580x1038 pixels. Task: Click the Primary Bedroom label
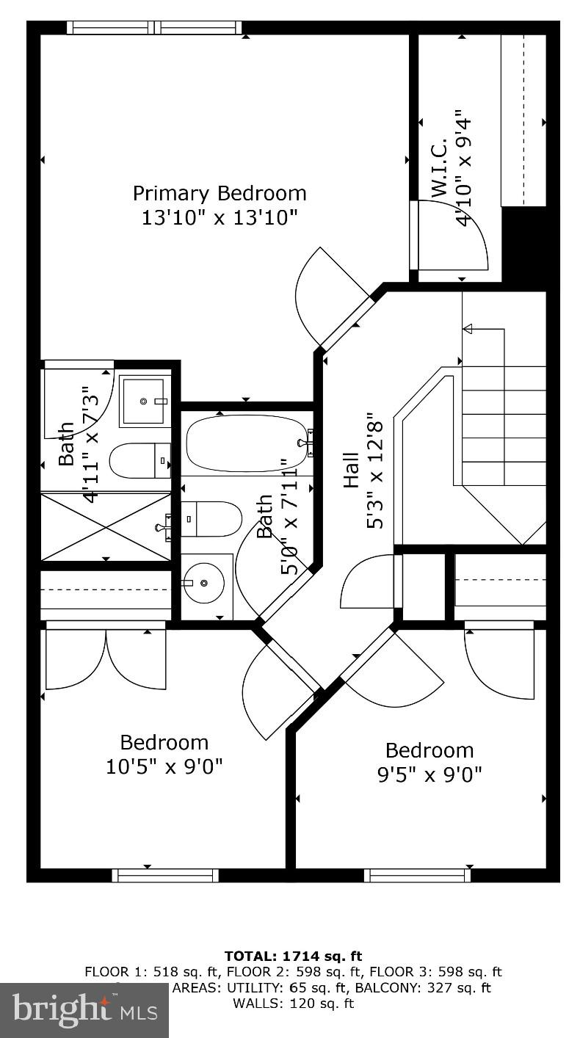219,193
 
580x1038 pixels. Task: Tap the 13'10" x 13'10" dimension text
219,218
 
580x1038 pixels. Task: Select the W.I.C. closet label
439,167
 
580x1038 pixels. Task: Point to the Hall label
352,470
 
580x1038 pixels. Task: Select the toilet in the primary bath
137,461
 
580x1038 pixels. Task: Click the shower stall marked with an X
105,526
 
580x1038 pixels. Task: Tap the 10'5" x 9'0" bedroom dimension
164,766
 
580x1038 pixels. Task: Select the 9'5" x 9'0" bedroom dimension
429,774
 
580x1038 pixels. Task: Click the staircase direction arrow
468,329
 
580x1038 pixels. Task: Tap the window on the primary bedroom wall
154,28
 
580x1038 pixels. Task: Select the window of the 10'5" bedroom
165,875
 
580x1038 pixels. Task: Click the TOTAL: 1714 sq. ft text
293,956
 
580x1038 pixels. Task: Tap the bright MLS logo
84,1010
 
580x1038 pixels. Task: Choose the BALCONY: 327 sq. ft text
439,987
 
